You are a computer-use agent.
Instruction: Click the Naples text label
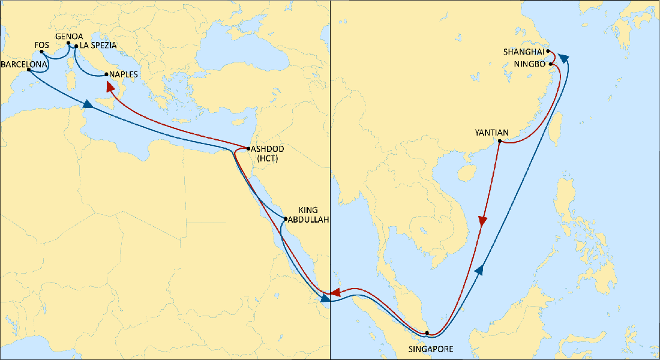pyautogui.click(x=124, y=74)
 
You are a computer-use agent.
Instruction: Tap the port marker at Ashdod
pyautogui.click(x=248, y=148)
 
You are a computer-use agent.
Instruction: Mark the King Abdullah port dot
pyautogui.click(x=284, y=218)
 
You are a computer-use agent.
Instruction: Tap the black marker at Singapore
pyautogui.click(x=427, y=333)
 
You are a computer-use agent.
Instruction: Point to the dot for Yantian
pyautogui.click(x=500, y=142)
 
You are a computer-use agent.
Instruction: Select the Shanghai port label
pyautogui.click(x=524, y=52)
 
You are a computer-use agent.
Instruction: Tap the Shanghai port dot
pyautogui.click(x=548, y=52)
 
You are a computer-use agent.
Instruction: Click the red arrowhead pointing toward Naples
pyautogui.click(x=110, y=88)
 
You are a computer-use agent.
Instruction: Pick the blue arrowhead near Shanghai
pyautogui.click(x=563, y=58)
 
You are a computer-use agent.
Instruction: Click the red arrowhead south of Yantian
pyautogui.click(x=482, y=221)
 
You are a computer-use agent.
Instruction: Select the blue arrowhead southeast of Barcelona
pyautogui.click(x=88, y=104)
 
